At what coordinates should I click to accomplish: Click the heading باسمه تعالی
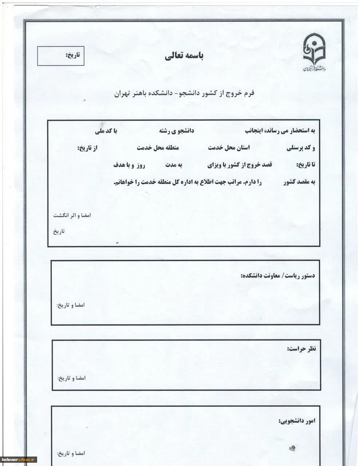184,56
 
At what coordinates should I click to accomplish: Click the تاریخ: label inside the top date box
72,55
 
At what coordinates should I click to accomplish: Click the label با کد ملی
106,131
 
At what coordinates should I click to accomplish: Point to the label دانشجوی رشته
176,131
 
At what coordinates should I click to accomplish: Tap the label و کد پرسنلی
301,148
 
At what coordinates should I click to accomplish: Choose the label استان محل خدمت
229,148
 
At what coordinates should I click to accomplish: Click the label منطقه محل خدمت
158,148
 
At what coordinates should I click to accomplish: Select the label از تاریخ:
88,148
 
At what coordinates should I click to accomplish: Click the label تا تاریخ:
306,165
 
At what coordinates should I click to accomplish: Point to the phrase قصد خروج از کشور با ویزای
240,165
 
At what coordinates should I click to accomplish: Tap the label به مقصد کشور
299,182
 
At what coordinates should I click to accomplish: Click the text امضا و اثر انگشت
72,215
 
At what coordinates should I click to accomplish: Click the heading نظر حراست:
302,349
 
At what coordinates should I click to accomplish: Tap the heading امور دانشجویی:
297,421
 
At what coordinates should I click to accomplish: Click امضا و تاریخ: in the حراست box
71,378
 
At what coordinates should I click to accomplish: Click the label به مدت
174,165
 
